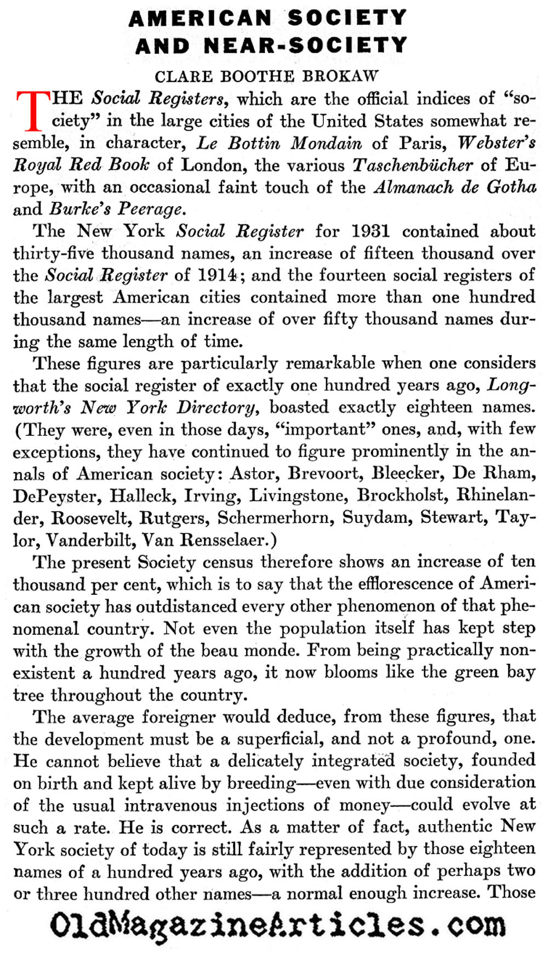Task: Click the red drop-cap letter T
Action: (33, 111)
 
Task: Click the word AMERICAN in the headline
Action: (200, 19)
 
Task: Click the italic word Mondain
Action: (326, 144)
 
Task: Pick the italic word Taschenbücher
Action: (412, 165)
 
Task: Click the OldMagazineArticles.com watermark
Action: (277, 926)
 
